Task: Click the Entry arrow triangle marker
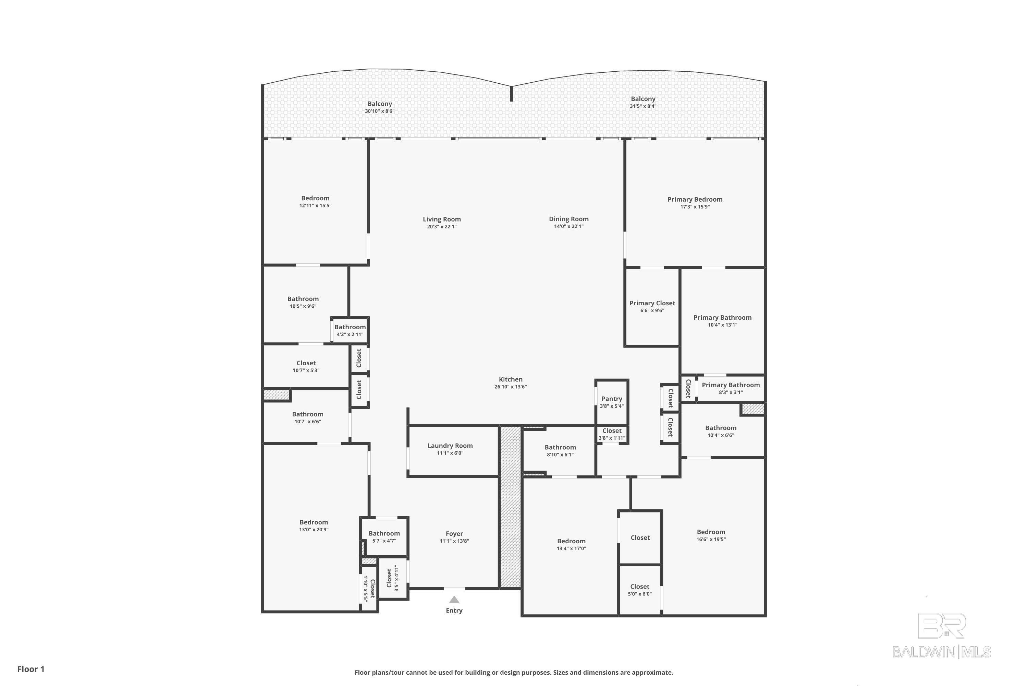tap(454, 599)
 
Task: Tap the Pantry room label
tap(611, 399)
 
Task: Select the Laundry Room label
tap(450, 445)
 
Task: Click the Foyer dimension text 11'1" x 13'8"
tap(454, 541)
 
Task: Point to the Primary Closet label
tap(652, 303)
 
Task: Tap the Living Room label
tap(441, 219)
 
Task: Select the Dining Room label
tap(568, 219)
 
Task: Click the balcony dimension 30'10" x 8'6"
tap(379, 111)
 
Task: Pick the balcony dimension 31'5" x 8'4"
tap(643, 106)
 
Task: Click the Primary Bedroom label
tap(695, 199)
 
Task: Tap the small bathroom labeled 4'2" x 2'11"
tap(350, 331)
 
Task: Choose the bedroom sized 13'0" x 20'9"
tap(314, 525)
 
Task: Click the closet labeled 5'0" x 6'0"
tap(639, 590)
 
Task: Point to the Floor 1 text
tap(30, 669)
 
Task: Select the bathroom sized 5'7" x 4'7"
tap(384, 536)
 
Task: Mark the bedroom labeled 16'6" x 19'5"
tap(711, 535)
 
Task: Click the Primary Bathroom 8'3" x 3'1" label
tap(730, 388)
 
